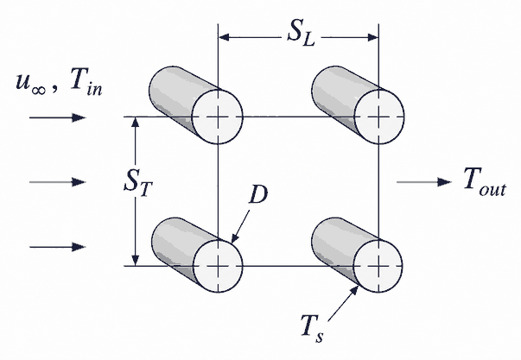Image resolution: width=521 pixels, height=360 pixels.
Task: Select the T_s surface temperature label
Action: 311,328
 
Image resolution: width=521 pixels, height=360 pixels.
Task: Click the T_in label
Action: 86,83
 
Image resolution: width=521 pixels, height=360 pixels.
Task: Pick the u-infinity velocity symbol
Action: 30,84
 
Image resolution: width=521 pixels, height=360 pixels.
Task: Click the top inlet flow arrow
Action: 58,117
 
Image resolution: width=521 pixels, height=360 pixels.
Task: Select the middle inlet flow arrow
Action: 58,182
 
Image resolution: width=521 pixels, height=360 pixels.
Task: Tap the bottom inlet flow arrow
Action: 58,247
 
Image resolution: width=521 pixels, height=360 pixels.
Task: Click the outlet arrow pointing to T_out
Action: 424,182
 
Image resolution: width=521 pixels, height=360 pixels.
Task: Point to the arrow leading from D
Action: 240,226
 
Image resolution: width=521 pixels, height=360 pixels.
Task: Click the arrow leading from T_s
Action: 343,304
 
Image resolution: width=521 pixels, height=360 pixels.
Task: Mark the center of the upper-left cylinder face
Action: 218,117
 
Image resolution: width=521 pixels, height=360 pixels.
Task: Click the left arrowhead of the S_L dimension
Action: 224,37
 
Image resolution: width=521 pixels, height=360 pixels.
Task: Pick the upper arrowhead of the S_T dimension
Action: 135,123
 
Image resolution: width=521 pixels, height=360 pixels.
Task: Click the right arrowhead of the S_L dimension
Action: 372,37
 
